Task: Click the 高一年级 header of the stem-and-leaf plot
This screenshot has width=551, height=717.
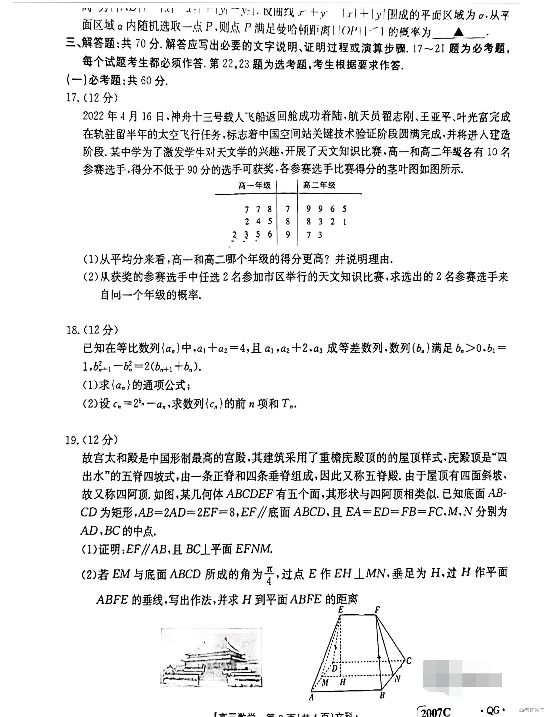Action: click(255, 186)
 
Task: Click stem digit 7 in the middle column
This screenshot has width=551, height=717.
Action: click(288, 209)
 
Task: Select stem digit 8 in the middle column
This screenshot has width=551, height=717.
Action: click(288, 221)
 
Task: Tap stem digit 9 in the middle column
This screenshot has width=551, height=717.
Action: click(288, 235)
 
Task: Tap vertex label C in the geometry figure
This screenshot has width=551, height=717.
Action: click(409, 661)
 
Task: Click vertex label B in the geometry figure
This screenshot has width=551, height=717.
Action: click(382, 695)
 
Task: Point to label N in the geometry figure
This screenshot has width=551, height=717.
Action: click(398, 679)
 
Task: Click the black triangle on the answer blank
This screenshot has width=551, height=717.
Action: click(459, 32)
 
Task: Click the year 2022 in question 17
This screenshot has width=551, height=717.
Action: click(93, 116)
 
